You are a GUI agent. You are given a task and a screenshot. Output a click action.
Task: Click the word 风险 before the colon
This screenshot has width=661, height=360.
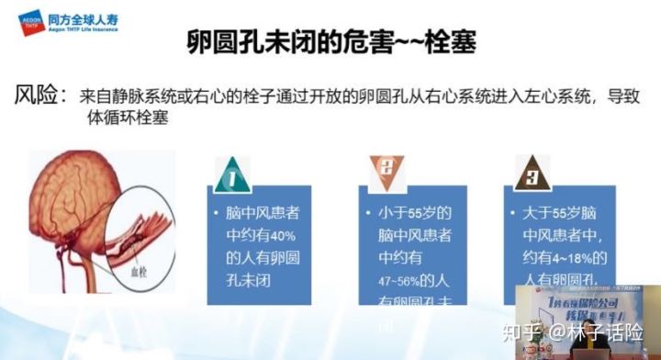[x=39, y=95]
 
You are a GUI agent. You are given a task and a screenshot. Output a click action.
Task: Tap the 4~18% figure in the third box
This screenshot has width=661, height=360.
[x=569, y=256]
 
